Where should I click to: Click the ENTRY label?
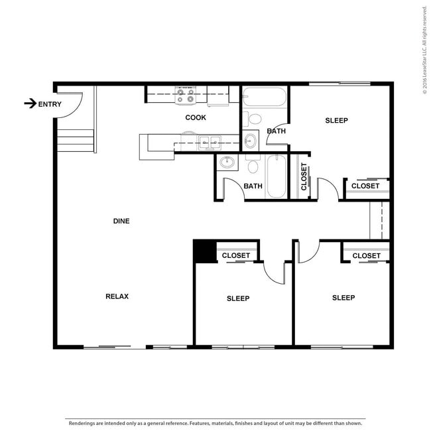point(50,103)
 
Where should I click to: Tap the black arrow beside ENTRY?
point(30,103)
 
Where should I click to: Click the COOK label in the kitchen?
point(195,117)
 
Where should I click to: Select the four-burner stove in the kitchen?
point(185,95)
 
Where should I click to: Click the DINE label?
point(121,221)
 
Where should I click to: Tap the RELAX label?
point(117,296)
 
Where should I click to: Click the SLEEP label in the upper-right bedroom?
point(336,121)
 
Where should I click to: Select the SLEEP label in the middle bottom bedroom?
point(238,298)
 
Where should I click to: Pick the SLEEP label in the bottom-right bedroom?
point(343,298)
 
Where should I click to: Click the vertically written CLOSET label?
point(304,177)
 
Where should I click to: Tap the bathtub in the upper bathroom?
point(264,97)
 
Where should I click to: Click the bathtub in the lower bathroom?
point(277,176)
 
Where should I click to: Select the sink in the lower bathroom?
point(227,162)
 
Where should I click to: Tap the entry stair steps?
point(75,139)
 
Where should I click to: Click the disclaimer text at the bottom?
point(214,422)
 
